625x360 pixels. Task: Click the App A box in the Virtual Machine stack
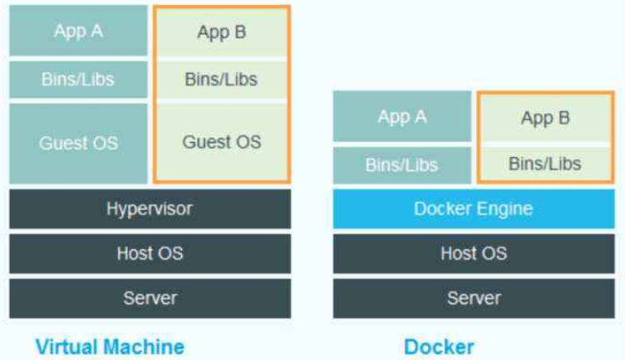[x=78, y=32]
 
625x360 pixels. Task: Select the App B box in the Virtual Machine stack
[x=221, y=32]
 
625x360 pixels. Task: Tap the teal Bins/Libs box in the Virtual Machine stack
[x=78, y=80]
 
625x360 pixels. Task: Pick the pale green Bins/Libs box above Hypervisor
[x=221, y=80]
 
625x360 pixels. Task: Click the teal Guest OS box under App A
[x=78, y=142]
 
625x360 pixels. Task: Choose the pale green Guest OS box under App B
[x=221, y=141]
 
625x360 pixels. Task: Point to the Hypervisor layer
[x=150, y=209]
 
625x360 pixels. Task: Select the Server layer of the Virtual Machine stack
[x=150, y=298]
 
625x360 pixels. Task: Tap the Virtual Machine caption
[x=110, y=346]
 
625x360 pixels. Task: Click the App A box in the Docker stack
[x=402, y=116]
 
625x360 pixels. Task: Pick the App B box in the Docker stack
[x=545, y=118]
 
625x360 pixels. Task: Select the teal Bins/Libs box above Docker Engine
[x=402, y=165]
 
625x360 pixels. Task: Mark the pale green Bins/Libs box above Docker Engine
[x=545, y=163]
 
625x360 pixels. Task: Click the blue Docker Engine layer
[x=474, y=209]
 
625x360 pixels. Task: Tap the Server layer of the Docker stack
[x=474, y=298]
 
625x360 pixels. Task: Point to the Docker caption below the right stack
[x=439, y=346]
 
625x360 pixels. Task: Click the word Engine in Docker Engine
[x=504, y=209]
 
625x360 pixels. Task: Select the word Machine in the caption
[x=145, y=346]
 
